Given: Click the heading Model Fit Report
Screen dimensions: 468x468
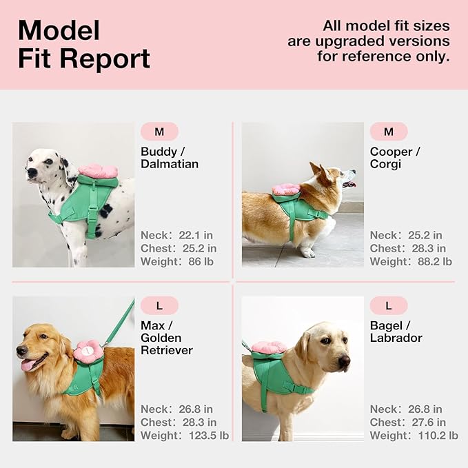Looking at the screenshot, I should click(83, 45).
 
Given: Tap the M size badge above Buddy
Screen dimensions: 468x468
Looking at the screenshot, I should click(159, 132).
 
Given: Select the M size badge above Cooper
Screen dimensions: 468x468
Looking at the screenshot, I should click(389, 132).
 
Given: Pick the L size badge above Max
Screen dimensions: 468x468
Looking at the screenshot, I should click(159, 305).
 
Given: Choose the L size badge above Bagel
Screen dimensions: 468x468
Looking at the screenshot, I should click(389, 305).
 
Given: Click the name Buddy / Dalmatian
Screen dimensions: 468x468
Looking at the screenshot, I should click(170, 158).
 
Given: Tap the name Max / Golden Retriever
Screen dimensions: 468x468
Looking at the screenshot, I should click(167, 338).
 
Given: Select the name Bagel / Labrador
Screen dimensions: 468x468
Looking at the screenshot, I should click(396, 332).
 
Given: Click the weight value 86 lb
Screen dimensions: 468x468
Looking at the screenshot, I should click(204, 262).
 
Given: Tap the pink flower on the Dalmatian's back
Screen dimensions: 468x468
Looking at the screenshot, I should click(98, 170).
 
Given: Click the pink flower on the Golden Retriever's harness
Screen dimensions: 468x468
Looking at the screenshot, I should click(88, 352).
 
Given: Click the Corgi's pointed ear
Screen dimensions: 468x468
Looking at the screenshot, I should click(316, 168).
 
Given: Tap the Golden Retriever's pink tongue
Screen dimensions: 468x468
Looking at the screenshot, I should click(28, 365).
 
